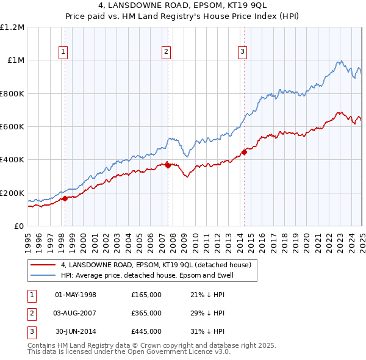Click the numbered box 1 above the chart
click(64, 52)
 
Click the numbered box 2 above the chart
click(166, 52)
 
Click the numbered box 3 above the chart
click(242, 52)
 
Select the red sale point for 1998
click(65, 198)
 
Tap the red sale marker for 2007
click(168, 165)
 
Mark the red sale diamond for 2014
click(244, 152)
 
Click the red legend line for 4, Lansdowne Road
click(42, 265)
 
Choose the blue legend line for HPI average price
click(42, 276)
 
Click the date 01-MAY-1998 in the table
click(76, 295)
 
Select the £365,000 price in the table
click(146, 313)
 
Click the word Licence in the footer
click(192, 352)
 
